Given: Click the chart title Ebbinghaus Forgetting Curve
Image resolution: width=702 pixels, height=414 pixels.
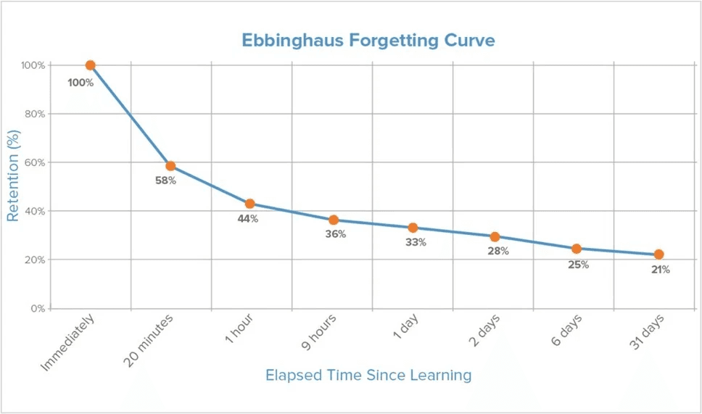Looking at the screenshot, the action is coord(368,41).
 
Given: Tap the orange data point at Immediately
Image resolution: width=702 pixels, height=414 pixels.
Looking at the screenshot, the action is coord(91,65).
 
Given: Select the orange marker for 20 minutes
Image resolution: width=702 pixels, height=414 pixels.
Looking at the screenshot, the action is coord(170,166).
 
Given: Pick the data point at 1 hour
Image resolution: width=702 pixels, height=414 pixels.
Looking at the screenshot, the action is coord(249,204).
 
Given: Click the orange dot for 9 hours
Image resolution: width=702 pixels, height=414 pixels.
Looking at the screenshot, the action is coord(334,220).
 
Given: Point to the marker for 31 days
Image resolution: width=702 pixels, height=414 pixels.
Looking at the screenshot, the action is coord(658,254).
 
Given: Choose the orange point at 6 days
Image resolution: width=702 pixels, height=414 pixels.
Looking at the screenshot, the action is coord(577,249).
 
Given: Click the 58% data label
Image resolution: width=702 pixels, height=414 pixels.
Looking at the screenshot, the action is coord(165,181).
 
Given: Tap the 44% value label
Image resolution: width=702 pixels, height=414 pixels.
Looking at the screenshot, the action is coord(247,219).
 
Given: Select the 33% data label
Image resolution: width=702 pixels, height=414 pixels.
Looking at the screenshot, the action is coord(416,242).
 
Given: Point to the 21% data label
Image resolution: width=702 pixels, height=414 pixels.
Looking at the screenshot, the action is coord(661,270).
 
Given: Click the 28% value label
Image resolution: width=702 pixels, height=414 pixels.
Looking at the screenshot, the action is coord(498,251).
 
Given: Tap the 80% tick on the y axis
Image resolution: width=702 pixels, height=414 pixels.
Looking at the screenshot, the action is coord(35,114).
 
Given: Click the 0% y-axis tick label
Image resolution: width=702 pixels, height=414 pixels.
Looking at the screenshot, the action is coord(38,309).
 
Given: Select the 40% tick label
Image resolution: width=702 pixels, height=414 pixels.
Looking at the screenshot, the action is coord(35,211).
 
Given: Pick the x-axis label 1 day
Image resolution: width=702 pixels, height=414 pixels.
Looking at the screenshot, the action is coord(405,326).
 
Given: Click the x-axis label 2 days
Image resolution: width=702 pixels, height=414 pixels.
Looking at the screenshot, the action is coord(484,331).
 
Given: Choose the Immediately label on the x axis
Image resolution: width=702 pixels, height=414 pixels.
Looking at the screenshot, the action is coord(67,342).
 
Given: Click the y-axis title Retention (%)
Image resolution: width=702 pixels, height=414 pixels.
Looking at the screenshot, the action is coord(13,175).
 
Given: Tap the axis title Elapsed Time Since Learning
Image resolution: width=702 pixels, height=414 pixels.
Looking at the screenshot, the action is coord(368,375).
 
